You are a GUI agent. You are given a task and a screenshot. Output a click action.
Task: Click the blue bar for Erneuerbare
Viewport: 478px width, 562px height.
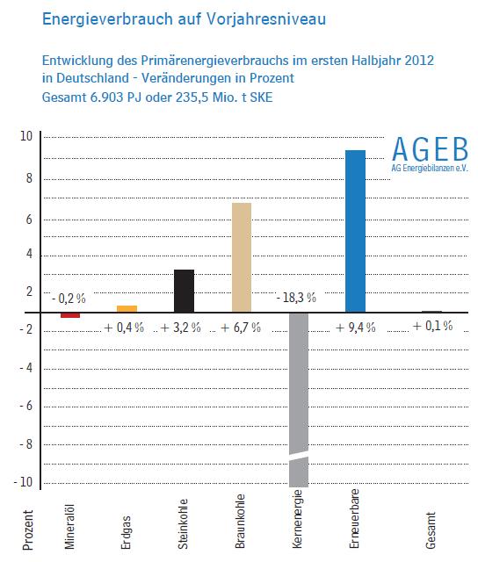pyautogui.click(x=355, y=231)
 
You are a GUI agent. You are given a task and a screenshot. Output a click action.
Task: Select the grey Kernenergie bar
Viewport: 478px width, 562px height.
pyautogui.click(x=299, y=400)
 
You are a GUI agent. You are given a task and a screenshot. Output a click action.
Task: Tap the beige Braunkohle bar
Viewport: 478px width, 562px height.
pyautogui.click(x=242, y=257)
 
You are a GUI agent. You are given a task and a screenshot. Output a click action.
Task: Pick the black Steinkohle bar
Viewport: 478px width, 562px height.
pyautogui.click(x=184, y=291)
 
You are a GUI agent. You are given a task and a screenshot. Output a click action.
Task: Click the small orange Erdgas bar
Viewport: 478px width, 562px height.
pyautogui.click(x=127, y=309)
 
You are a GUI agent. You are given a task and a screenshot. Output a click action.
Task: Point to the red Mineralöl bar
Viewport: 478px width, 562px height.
pyautogui.click(x=70, y=315)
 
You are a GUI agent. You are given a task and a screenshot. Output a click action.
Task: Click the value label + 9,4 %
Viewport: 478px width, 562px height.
pyautogui.click(x=355, y=328)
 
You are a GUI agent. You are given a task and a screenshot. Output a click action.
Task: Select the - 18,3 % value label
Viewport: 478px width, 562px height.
pyautogui.click(x=296, y=298)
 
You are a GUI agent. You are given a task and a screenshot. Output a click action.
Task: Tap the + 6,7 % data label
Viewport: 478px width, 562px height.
pyautogui.click(x=241, y=328)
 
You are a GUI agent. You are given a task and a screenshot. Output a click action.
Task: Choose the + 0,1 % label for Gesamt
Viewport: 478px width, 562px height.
pyautogui.click(x=432, y=326)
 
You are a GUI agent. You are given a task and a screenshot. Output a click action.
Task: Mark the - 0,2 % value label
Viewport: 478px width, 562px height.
pyautogui.click(x=69, y=299)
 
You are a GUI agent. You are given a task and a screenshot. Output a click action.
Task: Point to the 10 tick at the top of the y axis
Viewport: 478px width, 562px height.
pyautogui.click(x=26, y=136)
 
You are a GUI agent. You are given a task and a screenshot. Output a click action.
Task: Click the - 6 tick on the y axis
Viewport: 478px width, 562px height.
pyautogui.click(x=25, y=406)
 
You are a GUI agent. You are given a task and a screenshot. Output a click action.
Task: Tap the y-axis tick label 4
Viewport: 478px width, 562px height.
pyautogui.click(x=29, y=254)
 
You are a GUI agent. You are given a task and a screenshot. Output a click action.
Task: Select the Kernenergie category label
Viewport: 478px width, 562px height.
pyautogui.click(x=297, y=519)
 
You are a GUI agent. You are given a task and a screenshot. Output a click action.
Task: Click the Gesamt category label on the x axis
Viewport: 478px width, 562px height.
pyautogui.click(x=431, y=530)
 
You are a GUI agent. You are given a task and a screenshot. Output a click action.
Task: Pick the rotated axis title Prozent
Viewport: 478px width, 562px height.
pyautogui.click(x=27, y=530)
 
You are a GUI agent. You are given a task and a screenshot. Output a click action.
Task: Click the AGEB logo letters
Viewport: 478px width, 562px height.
pyautogui.click(x=430, y=149)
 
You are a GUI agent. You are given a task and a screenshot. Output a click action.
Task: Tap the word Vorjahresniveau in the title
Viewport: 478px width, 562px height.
pyautogui.click(x=266, y=19)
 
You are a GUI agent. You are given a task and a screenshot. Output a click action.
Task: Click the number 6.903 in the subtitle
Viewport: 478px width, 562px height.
pyautogui.click(x=106, y=97)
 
